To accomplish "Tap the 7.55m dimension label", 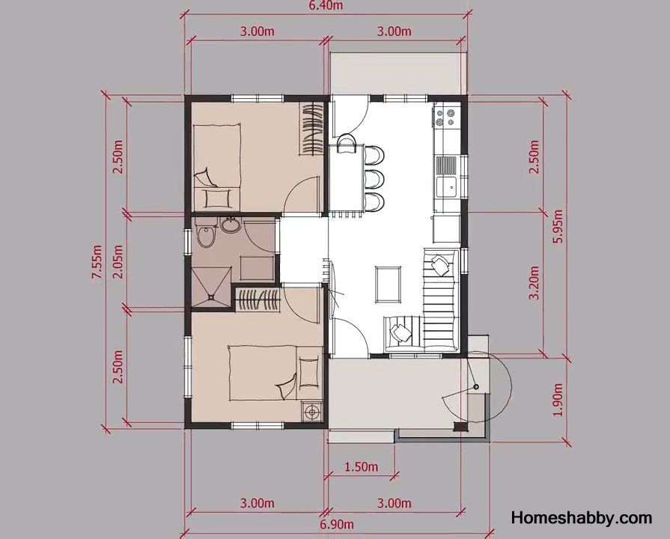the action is click(97, 262).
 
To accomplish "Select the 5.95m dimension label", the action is click(558, 226).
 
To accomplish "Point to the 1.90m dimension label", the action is click(558, 400).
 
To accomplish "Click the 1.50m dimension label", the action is click(362, 466).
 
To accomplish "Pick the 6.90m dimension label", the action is click(337, 524).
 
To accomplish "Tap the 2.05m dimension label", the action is click(118, 261).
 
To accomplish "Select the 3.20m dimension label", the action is click(534, 282).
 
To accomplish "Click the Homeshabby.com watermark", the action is click(582, 517).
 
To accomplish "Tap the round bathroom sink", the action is click(231, 225).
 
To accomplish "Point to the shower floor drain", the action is click(211, 296).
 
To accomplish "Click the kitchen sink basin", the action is click(446, 187).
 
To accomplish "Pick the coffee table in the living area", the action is click(388, 284).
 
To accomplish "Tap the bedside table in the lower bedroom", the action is click(311, 412).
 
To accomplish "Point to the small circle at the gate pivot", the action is click(476, 387).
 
